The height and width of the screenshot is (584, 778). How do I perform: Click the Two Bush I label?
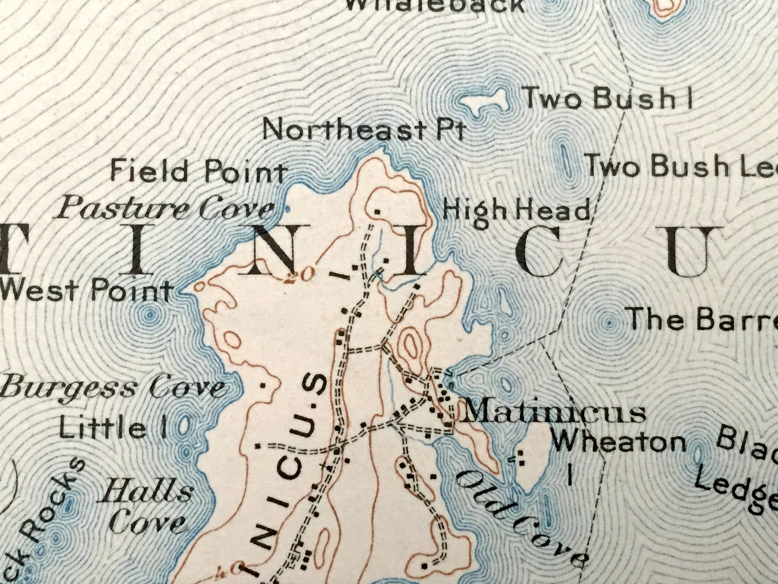tap(608, 98)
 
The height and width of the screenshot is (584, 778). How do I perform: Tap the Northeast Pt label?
tap(363, 130)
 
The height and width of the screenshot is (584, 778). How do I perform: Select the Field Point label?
tap(197, 172)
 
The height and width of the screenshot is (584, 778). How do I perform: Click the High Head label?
tap(516, 211)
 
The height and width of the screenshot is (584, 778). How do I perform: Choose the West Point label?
tap(86, 290)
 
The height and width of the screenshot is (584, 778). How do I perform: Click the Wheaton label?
tap(618, 442)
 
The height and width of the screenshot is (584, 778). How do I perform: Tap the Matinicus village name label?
tap(554, 412)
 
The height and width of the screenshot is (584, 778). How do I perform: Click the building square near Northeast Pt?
tap(377, 211)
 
